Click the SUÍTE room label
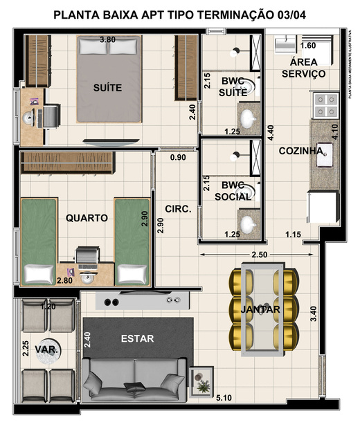[108, 88]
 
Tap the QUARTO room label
[87, 218]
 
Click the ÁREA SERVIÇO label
[303, 69]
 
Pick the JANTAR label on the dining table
[260, 309]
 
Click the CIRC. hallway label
[178, 208]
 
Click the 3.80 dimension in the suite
[107, 40]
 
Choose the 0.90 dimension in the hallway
[179, 158]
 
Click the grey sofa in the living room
[135, 379]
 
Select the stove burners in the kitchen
[324, 104]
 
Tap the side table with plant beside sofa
[203, 381]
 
